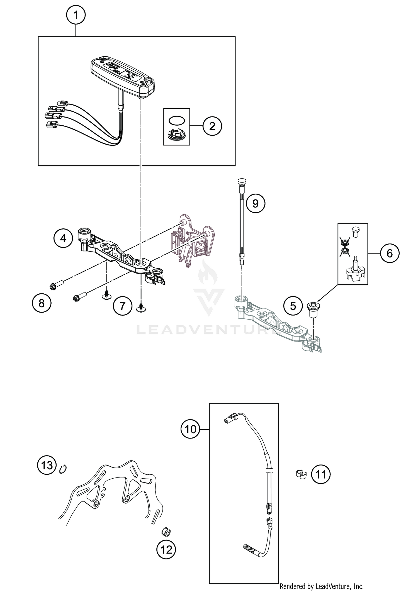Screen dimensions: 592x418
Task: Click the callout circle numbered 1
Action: point(76,15)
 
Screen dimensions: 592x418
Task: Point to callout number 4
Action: point(63,238)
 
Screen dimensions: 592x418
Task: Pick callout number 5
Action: point(293,306)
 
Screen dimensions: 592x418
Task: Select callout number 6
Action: point(389,253)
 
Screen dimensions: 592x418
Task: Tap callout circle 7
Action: point(122,306)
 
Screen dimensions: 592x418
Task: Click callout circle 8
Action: point(42,303)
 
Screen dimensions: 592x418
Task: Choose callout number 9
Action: point(255,204)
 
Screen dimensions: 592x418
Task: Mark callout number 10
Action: point(190,429)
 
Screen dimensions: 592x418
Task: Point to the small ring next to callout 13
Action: point(63,469)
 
